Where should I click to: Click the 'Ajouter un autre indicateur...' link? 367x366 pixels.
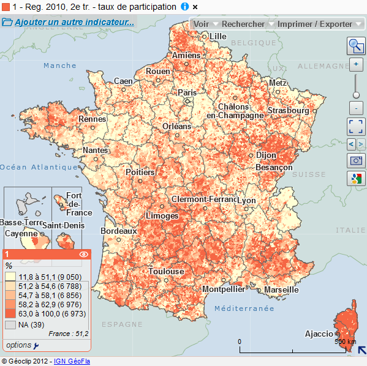click(74, 23)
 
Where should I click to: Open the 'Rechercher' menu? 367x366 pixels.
click(248, 24)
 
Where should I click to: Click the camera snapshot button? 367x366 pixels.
click(355, 161)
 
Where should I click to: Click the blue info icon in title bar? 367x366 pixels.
click(184, 6)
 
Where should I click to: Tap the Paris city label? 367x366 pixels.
click(187, 92)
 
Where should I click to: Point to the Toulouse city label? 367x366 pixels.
click(166, 271)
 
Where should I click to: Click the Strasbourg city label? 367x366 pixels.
click(288, 111)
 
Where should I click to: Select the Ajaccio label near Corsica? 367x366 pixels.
click(319, 334)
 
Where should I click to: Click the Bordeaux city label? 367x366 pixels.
click(119, 231)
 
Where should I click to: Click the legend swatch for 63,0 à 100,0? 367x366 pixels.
click(11, 313)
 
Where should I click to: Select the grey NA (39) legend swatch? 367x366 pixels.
click(11, 324)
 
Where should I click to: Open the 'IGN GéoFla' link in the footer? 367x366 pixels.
click(72, 361)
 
